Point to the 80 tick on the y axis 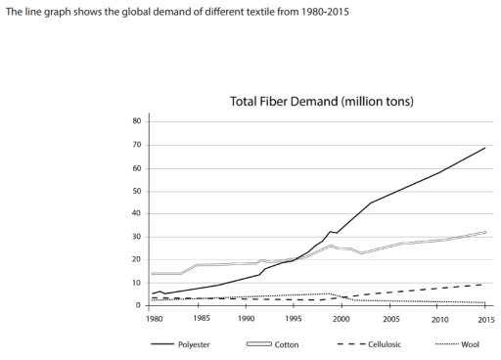pos(138,121)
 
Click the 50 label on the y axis pos(138,191)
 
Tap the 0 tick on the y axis pos(140,306)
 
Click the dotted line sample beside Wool pos(445,344)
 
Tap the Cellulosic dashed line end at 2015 pos(482,285)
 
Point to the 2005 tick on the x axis pos(390,319)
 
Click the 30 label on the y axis pos(138,237)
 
